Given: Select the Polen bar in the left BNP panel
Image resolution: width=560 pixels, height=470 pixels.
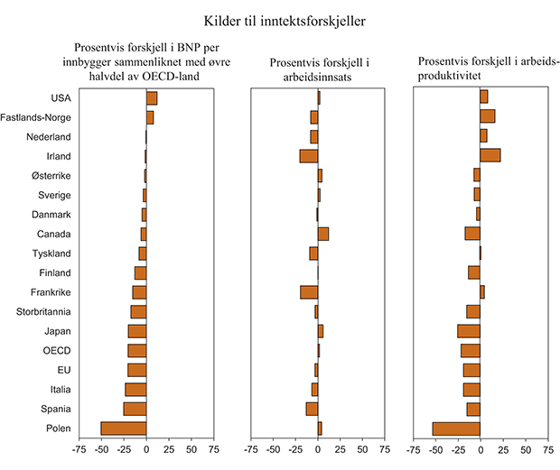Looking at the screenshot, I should pos(124,428).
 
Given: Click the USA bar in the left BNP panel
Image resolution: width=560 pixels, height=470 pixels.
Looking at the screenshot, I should pos(151,97).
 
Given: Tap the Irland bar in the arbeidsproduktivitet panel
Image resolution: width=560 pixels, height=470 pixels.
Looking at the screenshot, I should pos(490,155).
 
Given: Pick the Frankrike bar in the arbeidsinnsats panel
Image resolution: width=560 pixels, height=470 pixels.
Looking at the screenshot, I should pos(309,292).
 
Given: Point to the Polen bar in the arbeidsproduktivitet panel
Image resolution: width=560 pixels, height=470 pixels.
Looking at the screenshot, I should pos(456,428).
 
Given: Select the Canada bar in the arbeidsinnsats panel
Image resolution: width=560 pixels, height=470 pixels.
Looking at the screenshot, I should pos(322,234).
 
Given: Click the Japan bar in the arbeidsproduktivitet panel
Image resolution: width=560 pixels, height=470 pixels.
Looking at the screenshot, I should pos(469,331).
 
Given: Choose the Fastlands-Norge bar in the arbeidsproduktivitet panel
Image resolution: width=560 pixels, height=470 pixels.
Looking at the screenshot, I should pos(487,116).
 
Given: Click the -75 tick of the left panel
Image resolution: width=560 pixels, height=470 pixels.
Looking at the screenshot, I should pos(79,448).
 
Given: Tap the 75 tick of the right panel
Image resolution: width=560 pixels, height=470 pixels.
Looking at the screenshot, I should pos(547,448).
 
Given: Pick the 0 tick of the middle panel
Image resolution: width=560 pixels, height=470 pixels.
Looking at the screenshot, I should pos(318,448).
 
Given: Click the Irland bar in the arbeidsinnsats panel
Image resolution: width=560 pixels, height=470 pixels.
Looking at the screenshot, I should pos(309,155).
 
